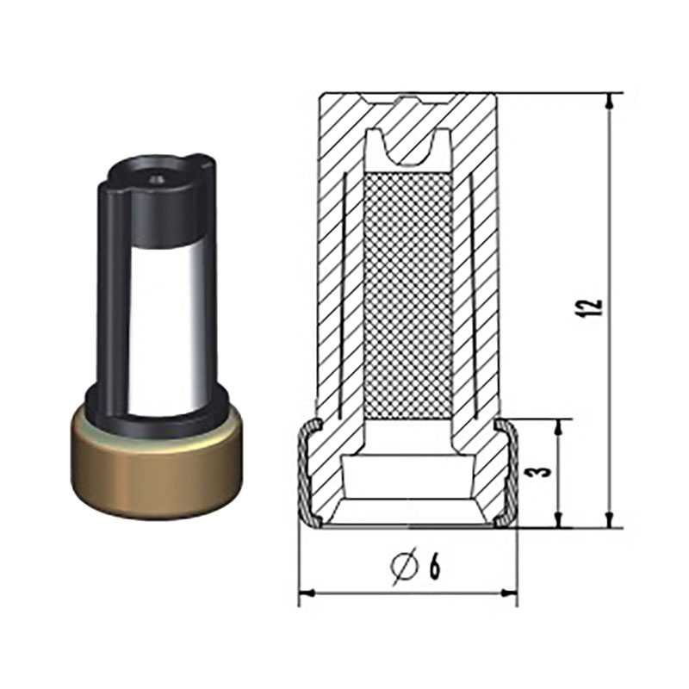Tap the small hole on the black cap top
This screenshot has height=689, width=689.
pos(157,179)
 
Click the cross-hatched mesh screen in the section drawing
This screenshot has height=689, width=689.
pos(408,295)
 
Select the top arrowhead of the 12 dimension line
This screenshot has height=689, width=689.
pos(609,101)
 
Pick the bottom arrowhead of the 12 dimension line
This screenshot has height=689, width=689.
pos(609,519)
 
